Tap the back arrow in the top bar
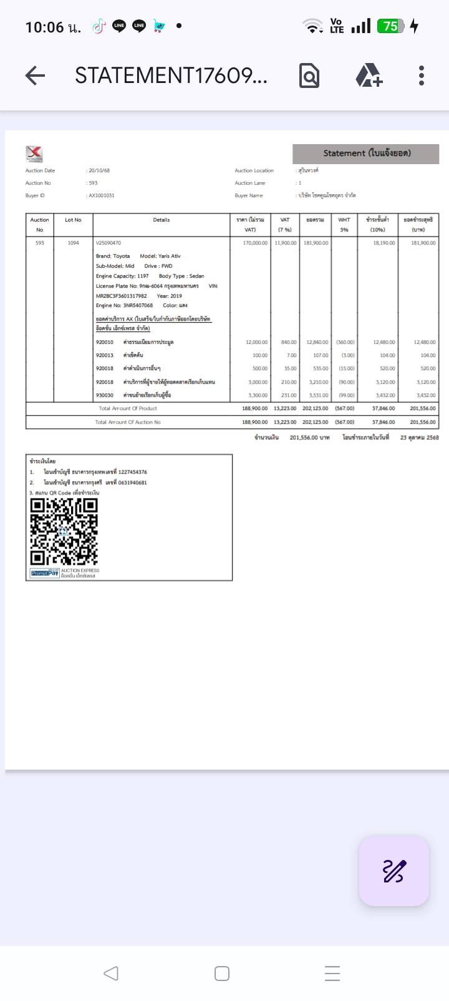[x=36, y=76]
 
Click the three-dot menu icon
[x=422, y=76]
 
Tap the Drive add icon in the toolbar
[x=369, y=76]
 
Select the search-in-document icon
[x=309, y=76]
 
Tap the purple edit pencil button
[x=394, y=871]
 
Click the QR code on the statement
[x=64, y=531]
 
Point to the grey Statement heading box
[x=366, y=154]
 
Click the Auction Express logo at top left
[x=34, y=154]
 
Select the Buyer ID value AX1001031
[x=102, y=195]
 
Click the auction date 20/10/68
[x=99, y=170]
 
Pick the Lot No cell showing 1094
[x=74, y=243]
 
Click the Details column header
[x=162, y=220]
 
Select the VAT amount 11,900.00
[x=285, y=243]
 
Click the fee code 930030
[x=105, y=395]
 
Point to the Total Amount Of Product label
[x=128, y=408]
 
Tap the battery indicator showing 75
[x=391, y=26]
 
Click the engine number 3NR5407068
[x=133, y=306]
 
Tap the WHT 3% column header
[x=344, y=225]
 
